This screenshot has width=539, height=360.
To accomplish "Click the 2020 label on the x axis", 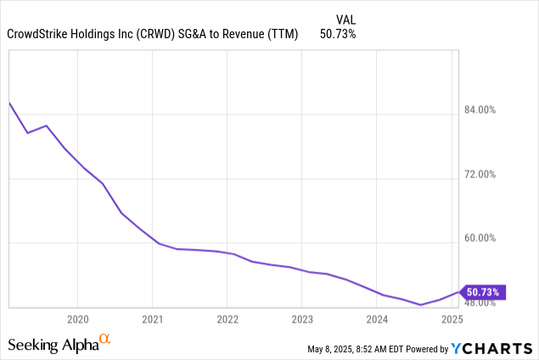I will point(77,320).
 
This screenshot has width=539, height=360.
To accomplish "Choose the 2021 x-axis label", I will point(152,320).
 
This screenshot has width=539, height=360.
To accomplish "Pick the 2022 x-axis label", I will point(227,320).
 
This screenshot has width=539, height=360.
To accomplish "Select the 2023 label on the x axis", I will point(302,320).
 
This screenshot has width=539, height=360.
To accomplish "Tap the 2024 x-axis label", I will point(377,320).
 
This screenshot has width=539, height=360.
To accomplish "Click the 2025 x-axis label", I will point(452,320).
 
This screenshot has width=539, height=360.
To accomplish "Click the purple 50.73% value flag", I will point(483,292).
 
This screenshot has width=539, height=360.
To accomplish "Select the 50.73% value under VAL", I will point(338,34).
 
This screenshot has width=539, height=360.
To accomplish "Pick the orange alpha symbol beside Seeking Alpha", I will point(105,340).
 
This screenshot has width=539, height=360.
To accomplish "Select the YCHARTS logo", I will point(491,348).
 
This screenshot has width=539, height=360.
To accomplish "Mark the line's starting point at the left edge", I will point(8,103).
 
